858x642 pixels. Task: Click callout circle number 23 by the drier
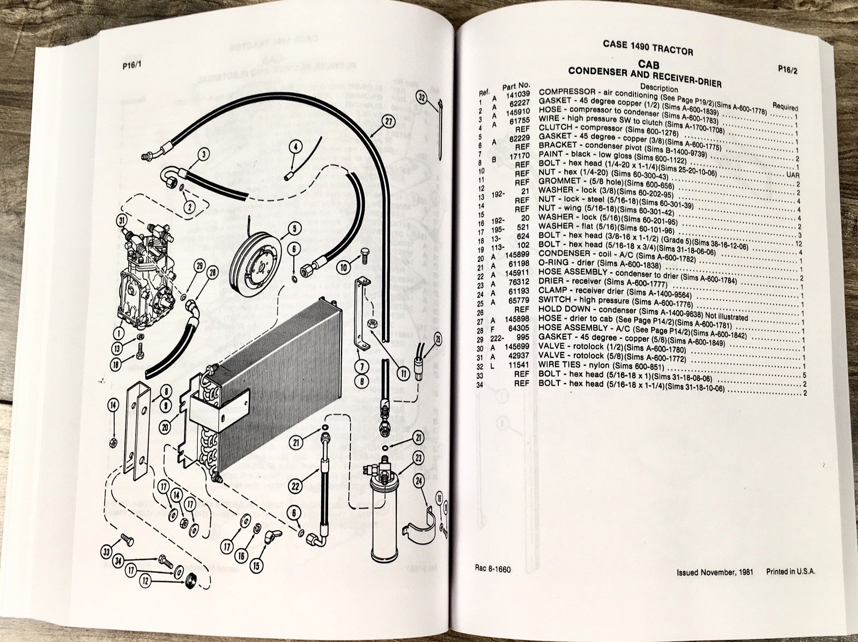pos(419,458)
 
